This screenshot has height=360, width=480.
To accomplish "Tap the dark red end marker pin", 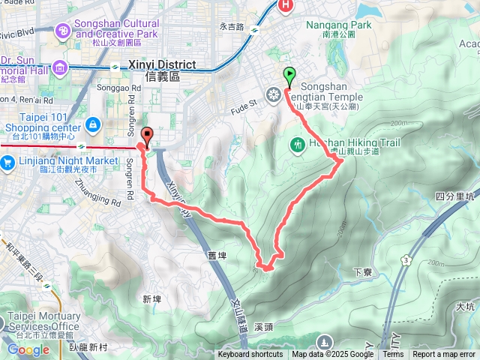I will point(147,136).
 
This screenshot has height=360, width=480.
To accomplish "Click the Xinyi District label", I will point(162,64).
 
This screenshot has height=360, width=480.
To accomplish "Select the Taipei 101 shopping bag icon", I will point(94,124).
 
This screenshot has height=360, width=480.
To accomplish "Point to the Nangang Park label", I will point(339,25).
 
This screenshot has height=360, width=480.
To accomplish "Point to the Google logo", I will point(28,349).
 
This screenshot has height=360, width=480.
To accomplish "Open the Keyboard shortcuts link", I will point(250,355).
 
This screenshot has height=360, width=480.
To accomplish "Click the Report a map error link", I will point(444,355).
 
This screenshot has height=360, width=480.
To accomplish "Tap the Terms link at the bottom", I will point(393,355).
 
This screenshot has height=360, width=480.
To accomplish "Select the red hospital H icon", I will point(286,7).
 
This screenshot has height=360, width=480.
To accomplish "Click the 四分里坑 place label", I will point(455,196).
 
